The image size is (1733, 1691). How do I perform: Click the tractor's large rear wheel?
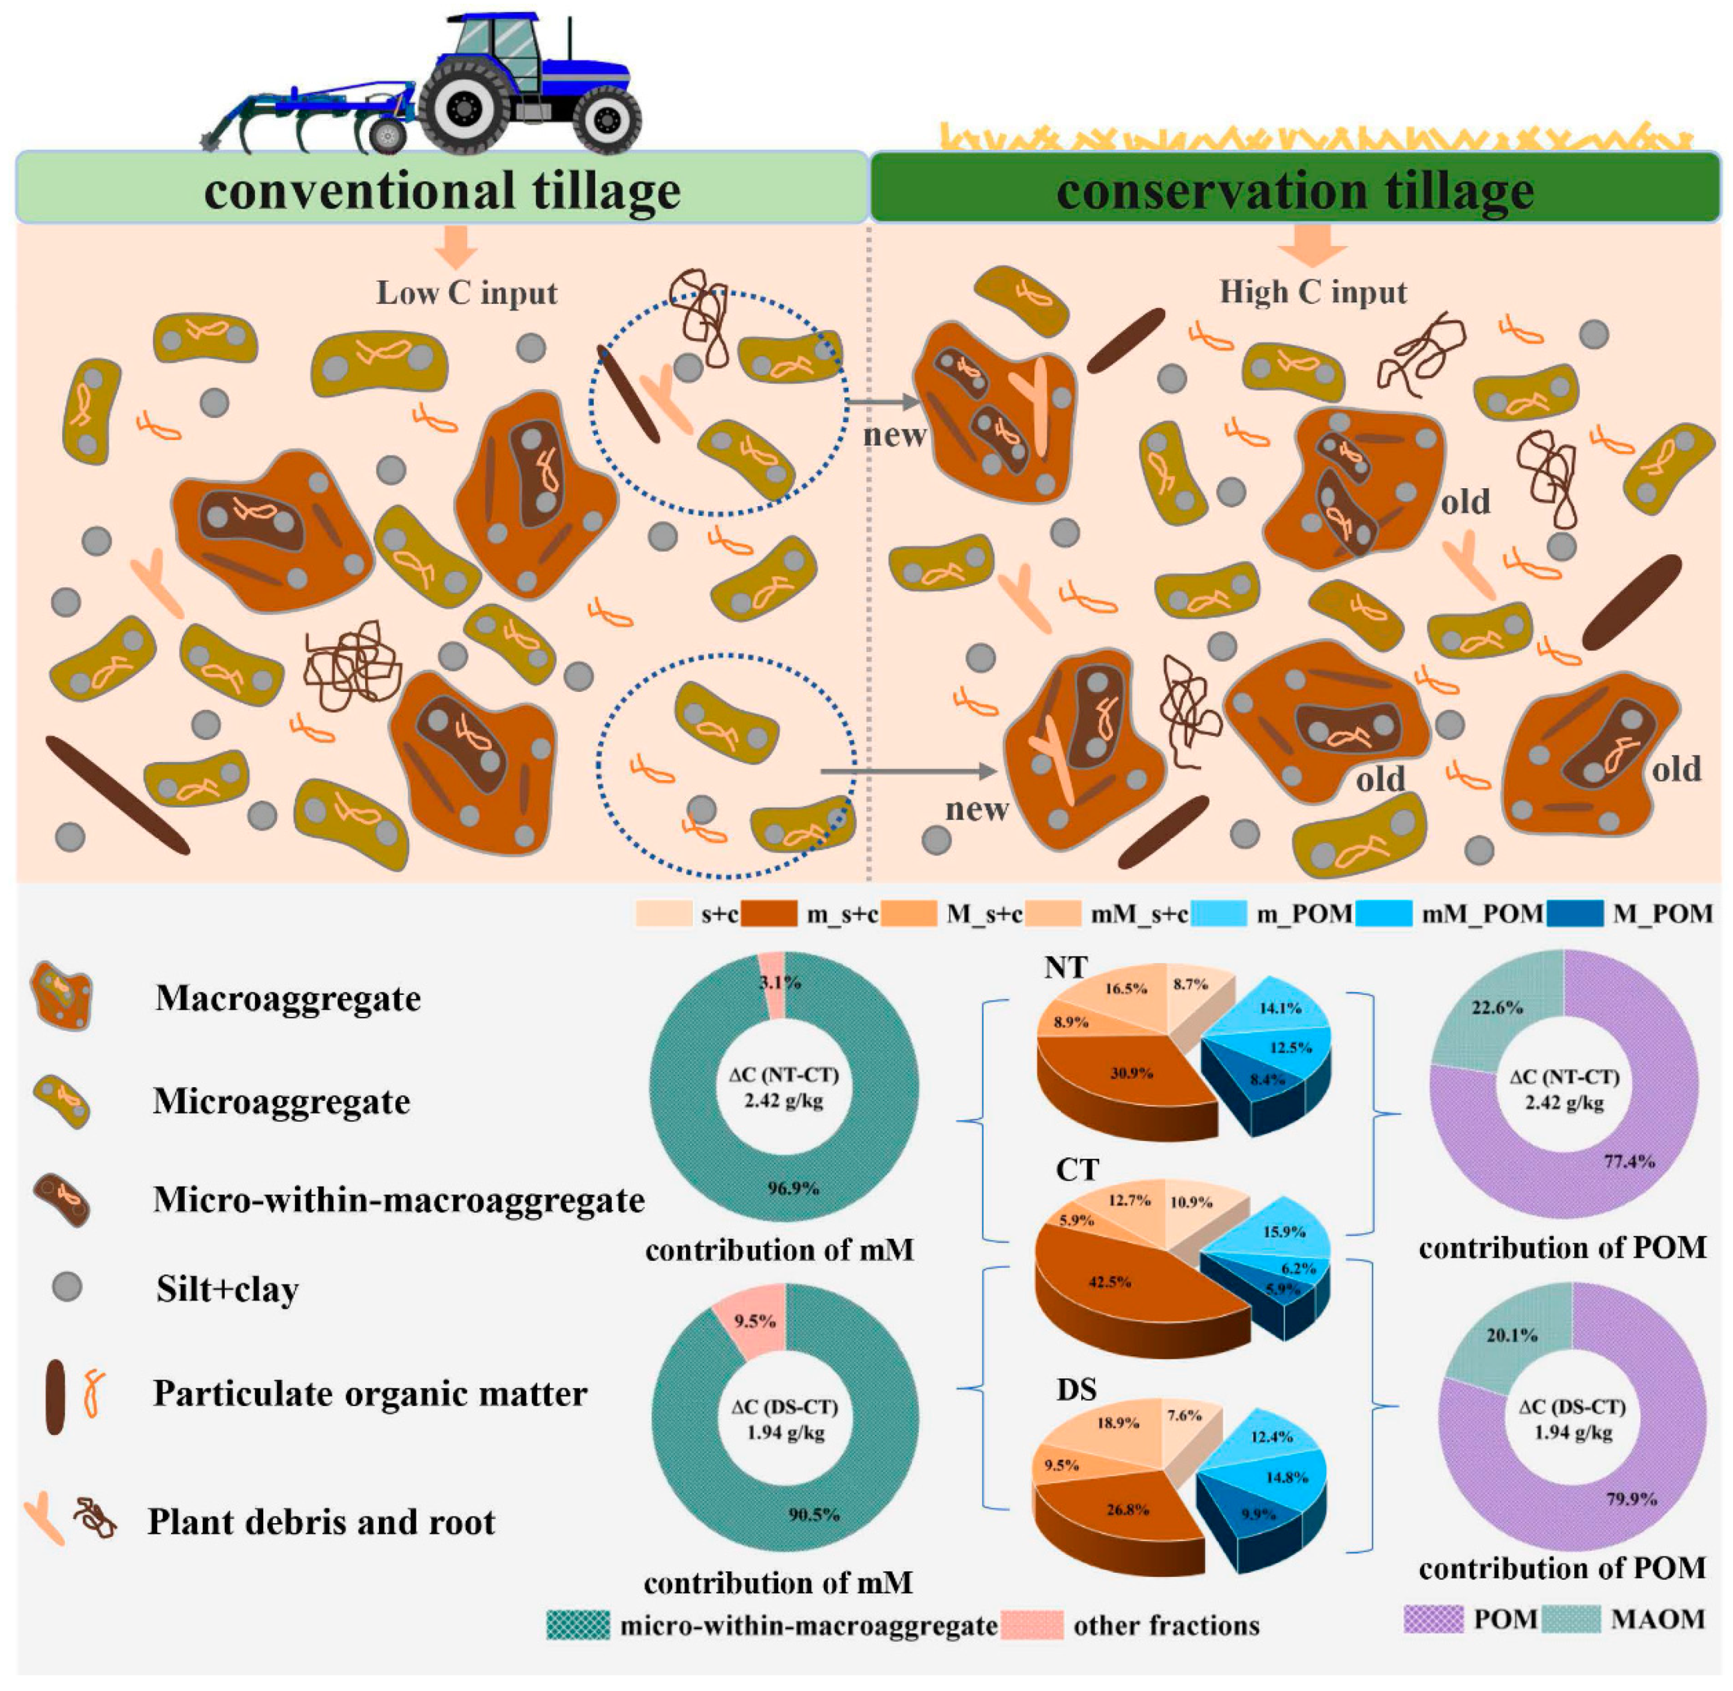click(464, 107)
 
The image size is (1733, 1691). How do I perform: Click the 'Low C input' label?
click(467, 293)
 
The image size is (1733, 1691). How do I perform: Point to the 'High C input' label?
click(1312, 291)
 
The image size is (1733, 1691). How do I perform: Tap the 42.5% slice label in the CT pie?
click(1109, 1281)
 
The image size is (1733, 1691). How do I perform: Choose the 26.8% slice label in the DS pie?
click(1127, 1509)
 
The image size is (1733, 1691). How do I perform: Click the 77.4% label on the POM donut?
click(1629, 1162)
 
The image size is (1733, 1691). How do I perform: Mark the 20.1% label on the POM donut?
click(1511, 1335)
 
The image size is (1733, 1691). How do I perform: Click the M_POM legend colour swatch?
click(1574, 914)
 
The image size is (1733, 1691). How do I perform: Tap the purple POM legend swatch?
click(1432, 1618)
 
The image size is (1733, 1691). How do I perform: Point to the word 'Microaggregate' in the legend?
click(281, 1102)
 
